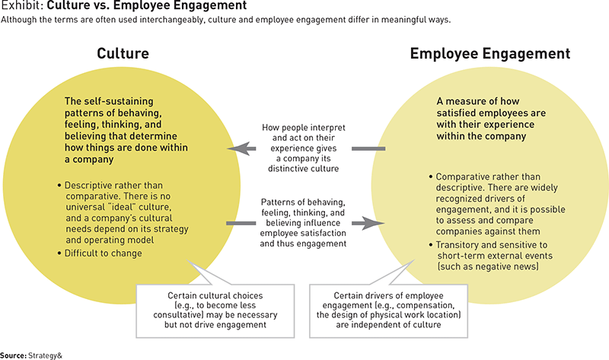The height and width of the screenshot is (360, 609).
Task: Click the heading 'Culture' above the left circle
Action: (x=123, y=53)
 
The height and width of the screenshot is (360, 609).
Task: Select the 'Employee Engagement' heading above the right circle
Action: (x=490, y=53)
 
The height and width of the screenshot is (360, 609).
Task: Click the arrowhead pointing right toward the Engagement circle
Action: (x=374, y=223)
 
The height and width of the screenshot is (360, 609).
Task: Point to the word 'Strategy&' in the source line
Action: (x=45, y=355)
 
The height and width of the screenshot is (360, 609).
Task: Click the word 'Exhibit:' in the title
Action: (x=21, y=5)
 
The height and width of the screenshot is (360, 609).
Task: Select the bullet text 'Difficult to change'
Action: (x=103, y=253)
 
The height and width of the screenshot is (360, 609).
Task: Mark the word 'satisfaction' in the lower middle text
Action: (x=320, y=233)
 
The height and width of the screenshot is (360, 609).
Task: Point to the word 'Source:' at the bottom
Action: (x=14, y=355)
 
